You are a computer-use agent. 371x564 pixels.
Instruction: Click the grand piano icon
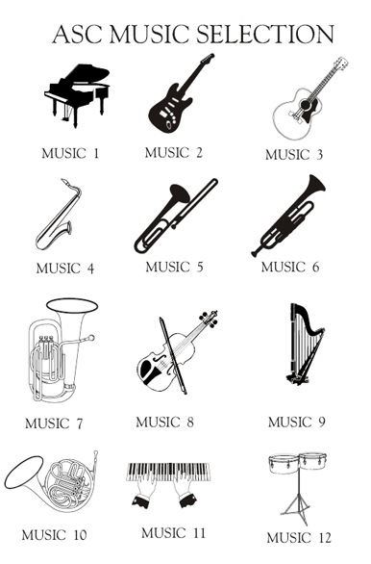click(x=77, y=95)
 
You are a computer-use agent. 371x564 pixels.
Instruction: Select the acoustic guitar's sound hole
click(x=306, y=105)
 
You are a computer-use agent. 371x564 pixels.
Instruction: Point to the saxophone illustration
click(x=60, y=216)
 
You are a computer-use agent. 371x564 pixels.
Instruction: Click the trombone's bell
click(x=180, y=193)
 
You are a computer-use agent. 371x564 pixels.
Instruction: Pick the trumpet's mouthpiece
click(x=255, y=253)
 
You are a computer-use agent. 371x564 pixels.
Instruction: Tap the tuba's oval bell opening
click(x=72, y=306)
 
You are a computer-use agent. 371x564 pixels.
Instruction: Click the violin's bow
click(x=173, y=355)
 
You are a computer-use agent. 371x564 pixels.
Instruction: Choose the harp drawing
click(x=304, y=345)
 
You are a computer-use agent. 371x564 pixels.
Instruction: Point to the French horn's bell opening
click(x=24, y=473)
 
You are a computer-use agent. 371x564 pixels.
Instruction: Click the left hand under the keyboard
click(x=143, y=491)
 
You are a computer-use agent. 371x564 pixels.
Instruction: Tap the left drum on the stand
click(x=284, y=464)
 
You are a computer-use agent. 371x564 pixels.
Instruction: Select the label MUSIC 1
click(x=70, y=154)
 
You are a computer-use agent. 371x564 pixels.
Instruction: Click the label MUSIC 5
click(x=175, y=268)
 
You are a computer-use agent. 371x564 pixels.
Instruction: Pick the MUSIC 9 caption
click(x=297, y=422)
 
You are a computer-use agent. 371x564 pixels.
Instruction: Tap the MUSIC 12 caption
click(x=299, y=538)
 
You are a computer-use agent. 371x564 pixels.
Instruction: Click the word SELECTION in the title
click(x=265, y=35)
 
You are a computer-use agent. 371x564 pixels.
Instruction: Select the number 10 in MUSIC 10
click(x=80, y=535)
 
